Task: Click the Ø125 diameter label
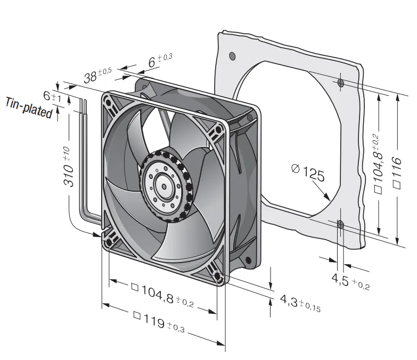pyautogui.click(x=308, y=173)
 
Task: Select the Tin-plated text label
pyautogui.click(x=29, y=108)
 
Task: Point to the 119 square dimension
pyautogui.click(x=159, y=322)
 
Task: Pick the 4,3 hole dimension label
pyautogui.click(x=300, y=304)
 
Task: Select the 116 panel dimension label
pyautogui.click(x=397, y=173)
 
